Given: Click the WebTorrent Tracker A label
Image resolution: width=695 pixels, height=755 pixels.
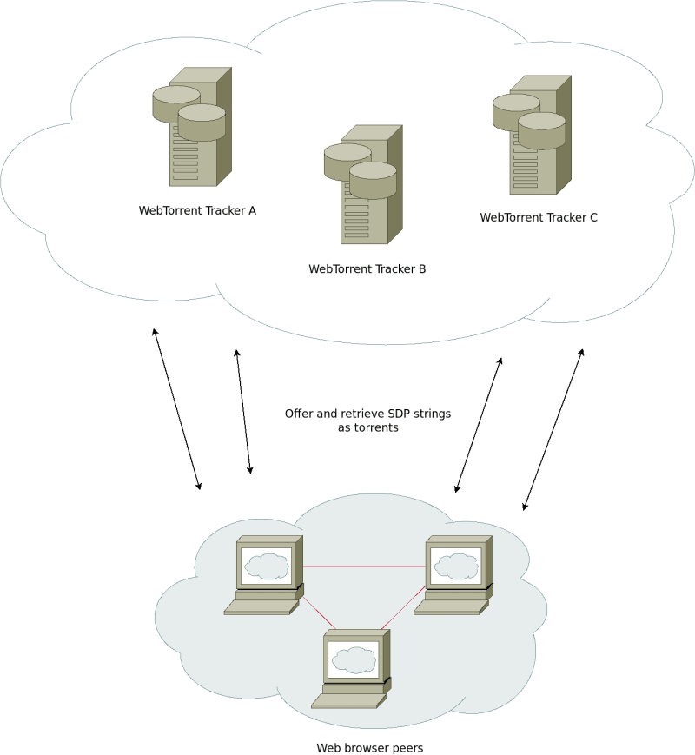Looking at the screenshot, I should [x=197, y=210].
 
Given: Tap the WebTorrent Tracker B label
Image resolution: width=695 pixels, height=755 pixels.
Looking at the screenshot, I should [x=367, y=269].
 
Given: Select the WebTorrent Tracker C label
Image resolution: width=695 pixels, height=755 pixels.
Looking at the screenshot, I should [x=539, y=218].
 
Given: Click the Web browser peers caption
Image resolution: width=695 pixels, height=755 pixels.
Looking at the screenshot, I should [x=369, y=747].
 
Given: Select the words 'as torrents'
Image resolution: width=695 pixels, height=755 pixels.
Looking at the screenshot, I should [x=367, y=427].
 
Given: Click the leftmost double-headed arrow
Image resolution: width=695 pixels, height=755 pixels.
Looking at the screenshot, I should [x=177, y=408].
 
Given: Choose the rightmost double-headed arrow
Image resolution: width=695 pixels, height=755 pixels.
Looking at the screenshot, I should [x=553, y=429].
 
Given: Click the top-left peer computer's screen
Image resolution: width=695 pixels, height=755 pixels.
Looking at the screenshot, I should [x=266, y=566].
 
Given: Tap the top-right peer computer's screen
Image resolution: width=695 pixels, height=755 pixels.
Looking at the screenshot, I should [x=456, y=566].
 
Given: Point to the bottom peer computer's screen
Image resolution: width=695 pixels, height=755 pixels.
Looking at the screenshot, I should [x=354, y=659].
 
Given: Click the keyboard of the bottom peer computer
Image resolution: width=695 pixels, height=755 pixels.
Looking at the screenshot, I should [x=348, y=700].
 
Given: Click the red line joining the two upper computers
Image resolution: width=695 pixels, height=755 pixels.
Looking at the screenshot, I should [x=364, y=566].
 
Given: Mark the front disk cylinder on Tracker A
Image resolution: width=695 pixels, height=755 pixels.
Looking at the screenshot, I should [x=202, y=123].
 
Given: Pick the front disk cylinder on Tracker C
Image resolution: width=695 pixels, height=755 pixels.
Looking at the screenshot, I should [x=542, y=130].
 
